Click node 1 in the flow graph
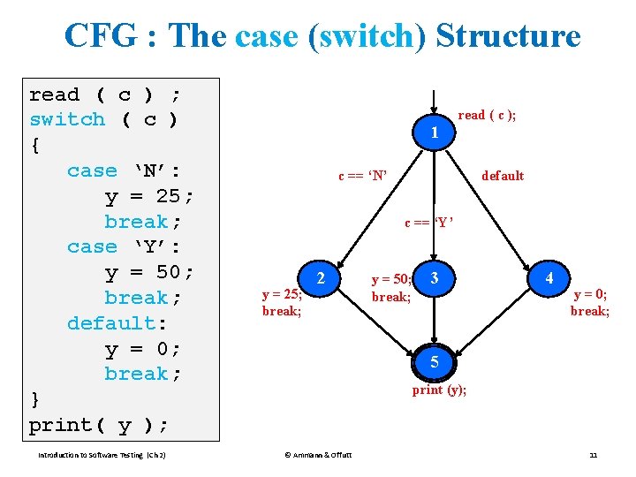(x=434, y=132)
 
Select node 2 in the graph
(x=321, y=278)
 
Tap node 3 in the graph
(x=434, y=278)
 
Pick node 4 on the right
(x=549, y=278)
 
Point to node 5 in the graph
(x=434, y=361)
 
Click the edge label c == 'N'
(x=363, y=176)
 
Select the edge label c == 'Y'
(x=429, y=223)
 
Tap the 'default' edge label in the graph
(x=503, y=176)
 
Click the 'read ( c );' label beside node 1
(x=487, y=115)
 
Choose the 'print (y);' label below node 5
(x=439, y=390)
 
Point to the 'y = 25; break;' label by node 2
(x=282, y=303)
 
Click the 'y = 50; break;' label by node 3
(x=391, y=288)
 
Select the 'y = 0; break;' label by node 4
(x=589, y=303)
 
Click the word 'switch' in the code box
(x=67, y=119)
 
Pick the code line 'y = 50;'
(x=149, y=272)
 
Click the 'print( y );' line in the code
(x=98, y=425)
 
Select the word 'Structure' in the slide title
(x=508, y=36)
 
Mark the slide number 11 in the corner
(x=594, y=455)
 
